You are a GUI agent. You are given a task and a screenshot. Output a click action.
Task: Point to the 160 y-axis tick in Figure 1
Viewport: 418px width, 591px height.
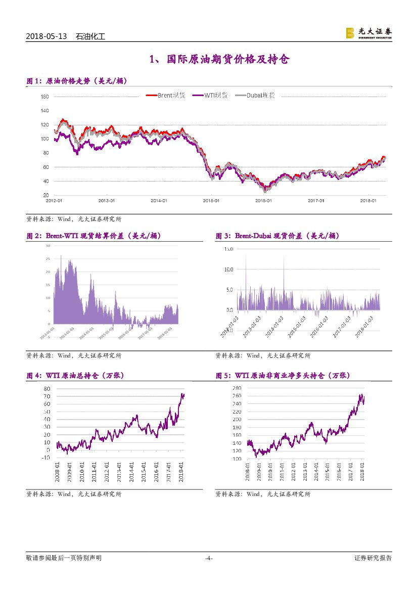pos(44,97)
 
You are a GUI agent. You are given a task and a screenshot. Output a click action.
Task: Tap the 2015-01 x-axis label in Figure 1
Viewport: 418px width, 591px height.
pos(211,200)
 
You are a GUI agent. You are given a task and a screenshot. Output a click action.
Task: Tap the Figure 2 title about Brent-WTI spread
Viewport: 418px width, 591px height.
pos(94,236)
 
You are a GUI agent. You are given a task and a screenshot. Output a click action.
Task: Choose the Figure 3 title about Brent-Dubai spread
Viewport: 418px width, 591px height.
pos(277,236)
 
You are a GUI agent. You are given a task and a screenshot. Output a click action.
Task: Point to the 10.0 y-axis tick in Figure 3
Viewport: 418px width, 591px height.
pos(228,269)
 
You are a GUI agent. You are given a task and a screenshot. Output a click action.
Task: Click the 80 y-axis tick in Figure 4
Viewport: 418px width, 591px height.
pos(47,388)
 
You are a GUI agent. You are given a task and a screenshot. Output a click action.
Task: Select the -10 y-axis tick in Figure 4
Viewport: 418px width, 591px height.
pos(45,458)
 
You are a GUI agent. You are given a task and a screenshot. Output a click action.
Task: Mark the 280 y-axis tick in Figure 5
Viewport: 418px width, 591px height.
pos(237,388)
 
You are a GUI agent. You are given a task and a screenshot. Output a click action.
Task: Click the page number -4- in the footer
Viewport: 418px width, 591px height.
pos(208,558)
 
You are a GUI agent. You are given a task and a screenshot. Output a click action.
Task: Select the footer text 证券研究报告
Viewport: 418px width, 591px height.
pos(373,558)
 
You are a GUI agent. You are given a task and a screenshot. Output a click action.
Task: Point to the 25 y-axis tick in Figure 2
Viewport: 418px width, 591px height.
pos(48,259)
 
